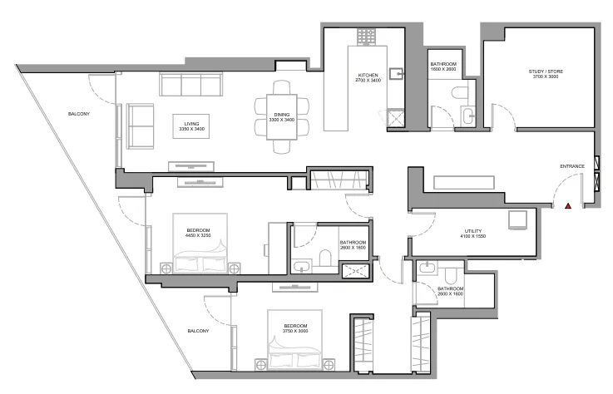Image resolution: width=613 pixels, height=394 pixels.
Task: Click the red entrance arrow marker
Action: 567,205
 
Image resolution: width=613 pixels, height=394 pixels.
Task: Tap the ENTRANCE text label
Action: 571,166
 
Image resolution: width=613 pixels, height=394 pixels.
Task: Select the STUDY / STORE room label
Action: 545,74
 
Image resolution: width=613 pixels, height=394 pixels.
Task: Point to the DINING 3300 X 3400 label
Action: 282,117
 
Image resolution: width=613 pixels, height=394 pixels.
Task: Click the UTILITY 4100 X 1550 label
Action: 473,234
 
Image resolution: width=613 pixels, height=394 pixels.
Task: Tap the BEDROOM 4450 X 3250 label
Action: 197,233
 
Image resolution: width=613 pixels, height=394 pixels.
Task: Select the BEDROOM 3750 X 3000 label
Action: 295,328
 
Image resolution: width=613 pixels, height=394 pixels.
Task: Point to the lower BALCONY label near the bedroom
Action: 197,330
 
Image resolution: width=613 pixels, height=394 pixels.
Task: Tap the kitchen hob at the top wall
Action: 367,37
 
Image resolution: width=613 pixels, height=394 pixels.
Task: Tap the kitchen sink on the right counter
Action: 399,75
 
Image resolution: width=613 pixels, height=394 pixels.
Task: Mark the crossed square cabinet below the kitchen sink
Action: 396,120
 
